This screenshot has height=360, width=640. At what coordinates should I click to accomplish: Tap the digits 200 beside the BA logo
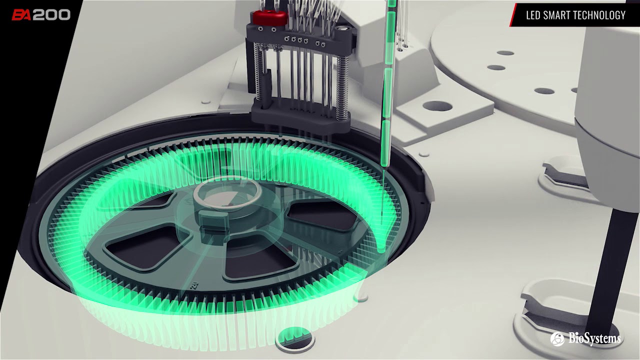pos(51,15)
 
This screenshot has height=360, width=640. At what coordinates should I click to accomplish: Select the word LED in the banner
pos(533,15)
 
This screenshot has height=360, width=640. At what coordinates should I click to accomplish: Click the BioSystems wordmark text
pos(594,339)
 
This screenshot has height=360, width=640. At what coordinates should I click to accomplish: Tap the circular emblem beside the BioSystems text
pos(557,339)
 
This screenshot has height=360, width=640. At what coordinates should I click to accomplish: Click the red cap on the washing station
pos(269,16)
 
